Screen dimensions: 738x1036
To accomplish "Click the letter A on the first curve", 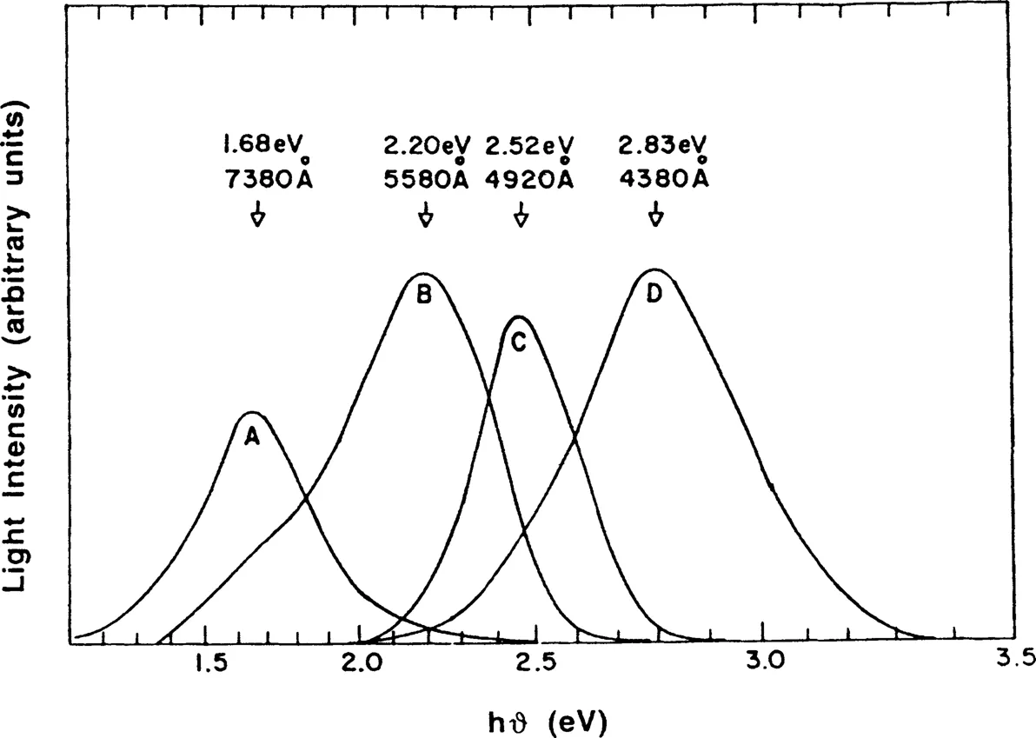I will (x=252, y=438).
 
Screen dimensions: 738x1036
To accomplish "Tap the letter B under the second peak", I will (x=424, y=296).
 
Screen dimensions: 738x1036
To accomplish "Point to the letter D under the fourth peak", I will (x=654, y=294).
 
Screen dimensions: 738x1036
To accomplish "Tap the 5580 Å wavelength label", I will (x=426, y=177).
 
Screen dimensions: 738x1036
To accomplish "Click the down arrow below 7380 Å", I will (x=257, y=215).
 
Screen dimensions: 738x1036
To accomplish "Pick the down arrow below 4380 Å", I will (x=656, y=215).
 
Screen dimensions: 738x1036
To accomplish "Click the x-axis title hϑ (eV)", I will (x=548, y=721).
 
